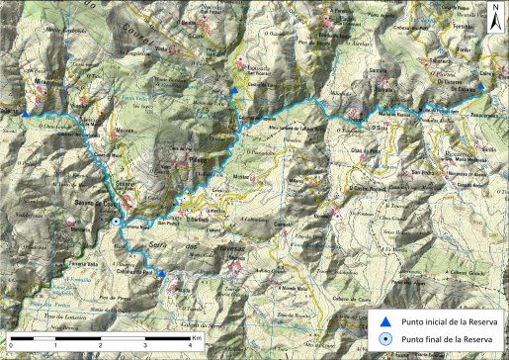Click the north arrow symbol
coord(494,21)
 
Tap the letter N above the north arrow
coord(494,8)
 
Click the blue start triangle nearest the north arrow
coord(481,87)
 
